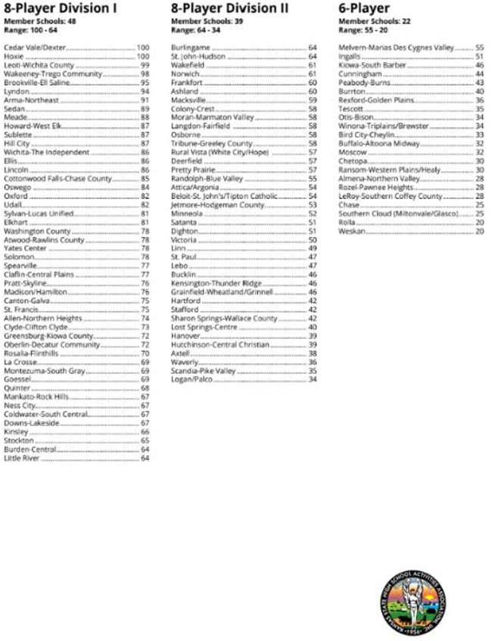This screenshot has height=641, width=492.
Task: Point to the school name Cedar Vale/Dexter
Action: (x=35, y=48)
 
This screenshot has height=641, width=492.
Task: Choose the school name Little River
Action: (x=21, y=458)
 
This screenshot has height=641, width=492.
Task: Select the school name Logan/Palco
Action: (x=191, y=379)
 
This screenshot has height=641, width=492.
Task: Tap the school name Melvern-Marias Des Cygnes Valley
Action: (x=397, y=48)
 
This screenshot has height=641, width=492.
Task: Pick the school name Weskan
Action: (x=352, y=232)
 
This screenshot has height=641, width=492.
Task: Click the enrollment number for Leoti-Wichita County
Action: (x=145, y=65)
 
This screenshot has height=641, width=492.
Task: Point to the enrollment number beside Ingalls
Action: (x=479, y=57)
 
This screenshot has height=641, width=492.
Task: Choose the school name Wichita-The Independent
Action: (x=46, y=151)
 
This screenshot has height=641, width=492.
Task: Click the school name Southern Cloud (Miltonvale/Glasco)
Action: (x=399, y=213)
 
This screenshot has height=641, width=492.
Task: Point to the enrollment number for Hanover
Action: (x=313, y=335)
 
